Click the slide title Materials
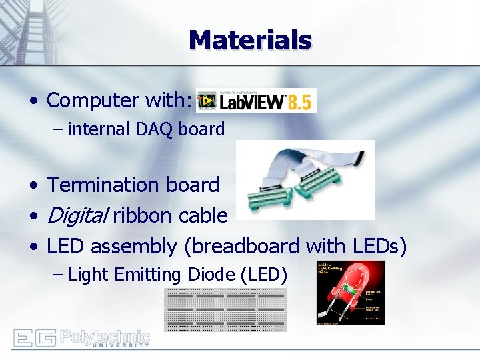click(250, 40)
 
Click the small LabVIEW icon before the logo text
click(205, 101)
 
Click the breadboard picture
click(225, 309)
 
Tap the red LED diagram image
click(350, 292)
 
